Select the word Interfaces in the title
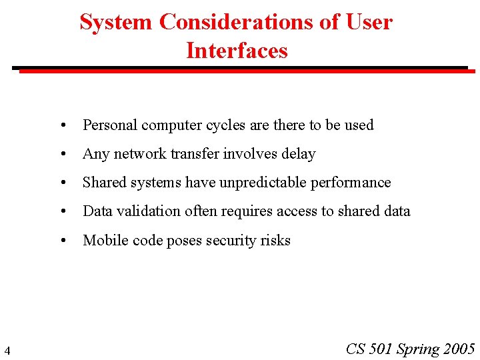[x=237, y=51]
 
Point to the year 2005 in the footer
[x=459, y=349]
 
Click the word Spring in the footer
[x=418, y=349]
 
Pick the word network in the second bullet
[x=140, y=154]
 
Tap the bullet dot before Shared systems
[x=62, y=183]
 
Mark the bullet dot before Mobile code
[x=62, y=240]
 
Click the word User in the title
[x=369, y=22]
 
